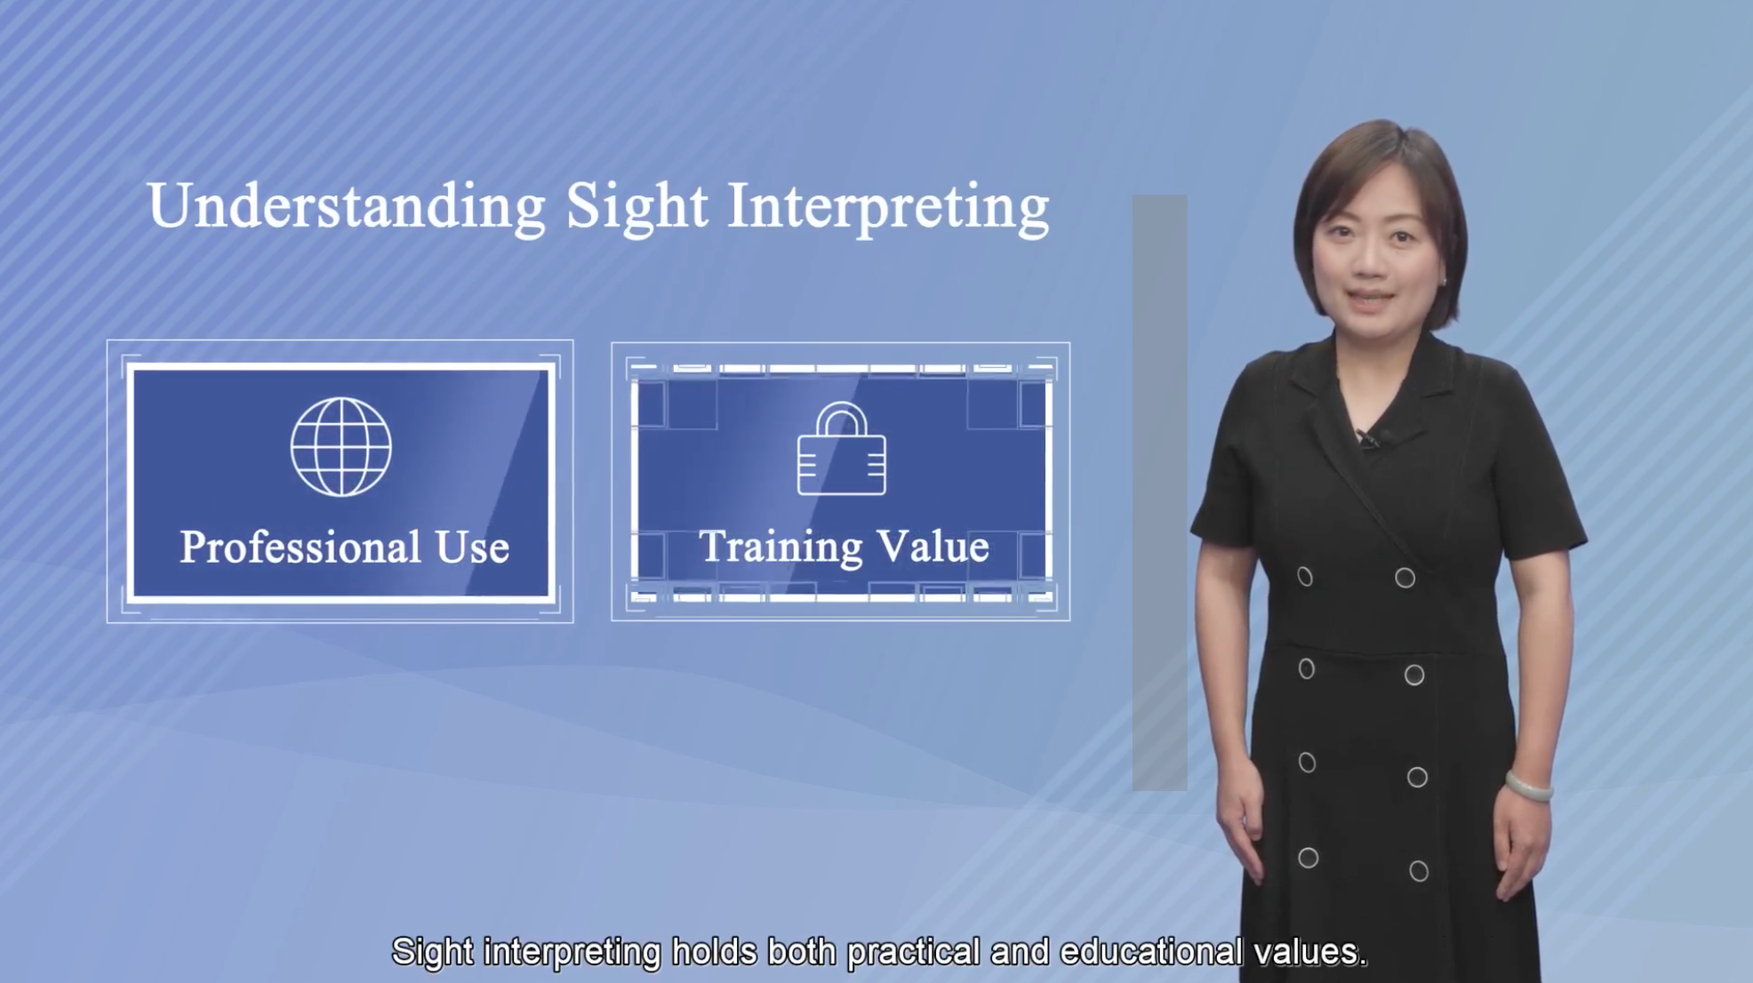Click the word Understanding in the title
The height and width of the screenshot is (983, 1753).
(x=347, y=207)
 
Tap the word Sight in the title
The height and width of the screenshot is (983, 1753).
(x=637, y=207)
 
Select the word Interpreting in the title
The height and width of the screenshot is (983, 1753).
(x=889, y=207)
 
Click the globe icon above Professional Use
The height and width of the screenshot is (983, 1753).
(x=341, y=446)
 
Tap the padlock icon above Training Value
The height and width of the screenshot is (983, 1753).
(x=842, y=448)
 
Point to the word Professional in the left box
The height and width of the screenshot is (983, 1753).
(x=300, y=547)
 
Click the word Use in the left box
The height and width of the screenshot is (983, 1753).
(x=472, y=547)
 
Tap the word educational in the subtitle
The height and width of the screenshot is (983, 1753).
(x=1151, y=952)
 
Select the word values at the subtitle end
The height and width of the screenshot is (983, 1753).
(x=1309, y=952)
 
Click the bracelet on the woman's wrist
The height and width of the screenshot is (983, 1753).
(x=1529, y=787)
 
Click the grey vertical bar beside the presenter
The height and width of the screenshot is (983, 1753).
(x=1159, y=492)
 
